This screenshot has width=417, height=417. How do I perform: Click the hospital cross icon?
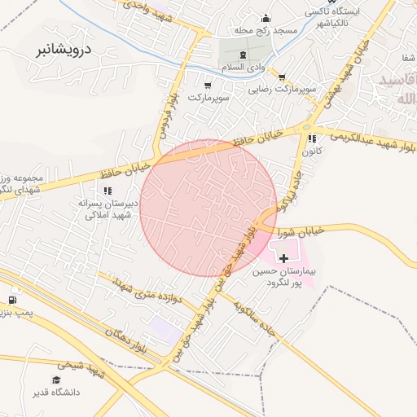[283, 257]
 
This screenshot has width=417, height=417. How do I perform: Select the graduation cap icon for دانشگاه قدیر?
[56, 380]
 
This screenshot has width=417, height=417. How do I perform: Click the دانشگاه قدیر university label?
[56, 393]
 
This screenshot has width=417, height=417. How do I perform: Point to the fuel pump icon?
[12, 298]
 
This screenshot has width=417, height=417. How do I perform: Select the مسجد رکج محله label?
[264, 31]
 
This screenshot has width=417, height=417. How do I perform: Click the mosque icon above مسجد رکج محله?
[264, 18]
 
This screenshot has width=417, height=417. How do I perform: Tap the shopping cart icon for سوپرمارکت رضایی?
[282, 77]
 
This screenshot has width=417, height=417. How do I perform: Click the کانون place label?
[313, 151]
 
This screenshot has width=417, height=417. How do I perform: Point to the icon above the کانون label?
[313, 139]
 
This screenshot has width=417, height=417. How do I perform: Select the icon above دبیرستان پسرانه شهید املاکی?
[108, 191]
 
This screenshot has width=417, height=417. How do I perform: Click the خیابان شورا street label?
[303, 230]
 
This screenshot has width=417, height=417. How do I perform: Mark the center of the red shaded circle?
[209, 208]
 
